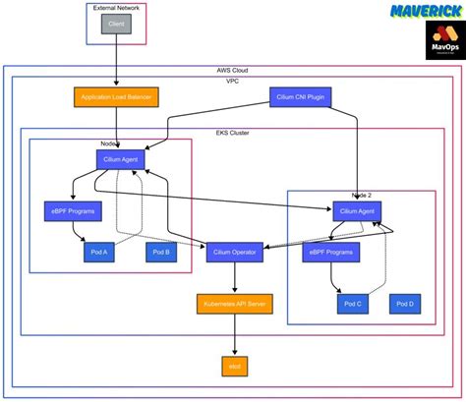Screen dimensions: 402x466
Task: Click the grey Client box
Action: (x=116, y=22)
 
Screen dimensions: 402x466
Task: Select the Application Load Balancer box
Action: (x=116, y=96)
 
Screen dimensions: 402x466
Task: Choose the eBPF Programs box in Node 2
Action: (x=329, y=253)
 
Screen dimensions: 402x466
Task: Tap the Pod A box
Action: (x=99, y=253)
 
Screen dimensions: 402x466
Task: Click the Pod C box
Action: (x=352, y=304)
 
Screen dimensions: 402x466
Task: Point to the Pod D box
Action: (x=405, y=304)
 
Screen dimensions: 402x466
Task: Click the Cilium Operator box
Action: (x=233, y=253)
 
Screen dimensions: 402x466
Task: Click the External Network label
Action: (x=116, y=7)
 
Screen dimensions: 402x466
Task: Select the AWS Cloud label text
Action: (x=233, y=71)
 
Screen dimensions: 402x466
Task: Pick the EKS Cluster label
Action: (x=234, y=132)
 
